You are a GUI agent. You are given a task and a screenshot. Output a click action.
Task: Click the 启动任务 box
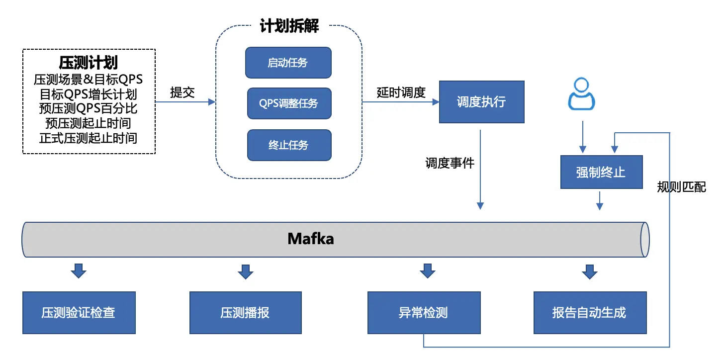288,63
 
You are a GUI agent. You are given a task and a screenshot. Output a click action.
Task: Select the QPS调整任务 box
289,104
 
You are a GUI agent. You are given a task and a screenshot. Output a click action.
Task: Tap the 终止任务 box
289,145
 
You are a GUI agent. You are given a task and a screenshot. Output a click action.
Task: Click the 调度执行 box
481,102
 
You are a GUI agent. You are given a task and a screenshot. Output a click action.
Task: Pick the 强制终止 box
601,173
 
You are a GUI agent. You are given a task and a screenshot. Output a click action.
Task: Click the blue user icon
582,94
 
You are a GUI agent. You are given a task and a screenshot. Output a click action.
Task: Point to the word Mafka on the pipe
311,239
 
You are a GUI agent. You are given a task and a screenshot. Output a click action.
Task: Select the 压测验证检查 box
79,313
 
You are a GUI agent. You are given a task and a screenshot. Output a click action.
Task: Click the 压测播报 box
246,313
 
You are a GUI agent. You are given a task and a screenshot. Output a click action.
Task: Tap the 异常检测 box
424,313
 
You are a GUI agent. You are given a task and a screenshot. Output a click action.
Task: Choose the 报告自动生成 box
590,313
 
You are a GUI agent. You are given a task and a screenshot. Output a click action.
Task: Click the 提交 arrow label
182,92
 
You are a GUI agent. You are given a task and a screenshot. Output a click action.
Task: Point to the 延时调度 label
401,92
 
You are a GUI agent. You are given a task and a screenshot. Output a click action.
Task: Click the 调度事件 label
450,163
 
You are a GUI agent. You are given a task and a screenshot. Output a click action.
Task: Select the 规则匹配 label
682,187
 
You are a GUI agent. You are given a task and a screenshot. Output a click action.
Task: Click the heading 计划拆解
289,26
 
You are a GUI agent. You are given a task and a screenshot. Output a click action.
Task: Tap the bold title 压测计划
89,63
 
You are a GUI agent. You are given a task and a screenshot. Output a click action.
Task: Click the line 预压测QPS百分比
89,108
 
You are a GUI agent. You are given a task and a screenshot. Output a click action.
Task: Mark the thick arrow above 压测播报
246,271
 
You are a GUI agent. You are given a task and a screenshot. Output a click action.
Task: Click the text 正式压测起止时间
89,138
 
